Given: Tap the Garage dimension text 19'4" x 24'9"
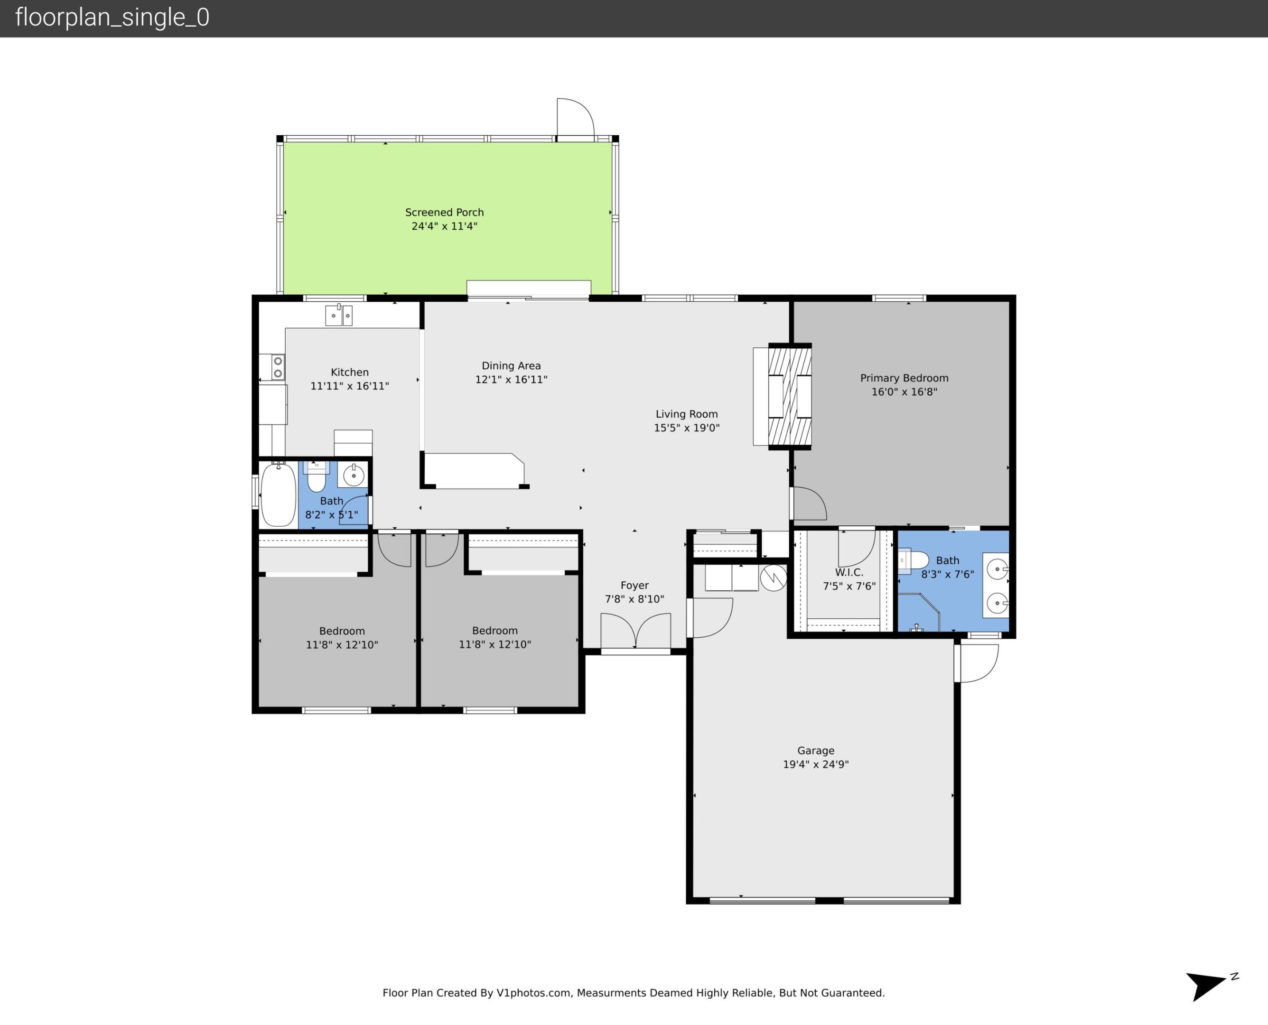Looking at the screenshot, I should pos(815,764).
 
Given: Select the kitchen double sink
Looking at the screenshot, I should pos(339,315).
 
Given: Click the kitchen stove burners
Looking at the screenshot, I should pos(278,367).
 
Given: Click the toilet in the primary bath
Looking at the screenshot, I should pos(913,560).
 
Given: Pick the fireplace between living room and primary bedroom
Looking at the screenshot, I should pos(789,396).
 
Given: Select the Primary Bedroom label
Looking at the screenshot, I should pos(904,378).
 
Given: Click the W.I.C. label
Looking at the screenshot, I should pos(849,572).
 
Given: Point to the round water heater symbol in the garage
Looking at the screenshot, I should pos(774,578).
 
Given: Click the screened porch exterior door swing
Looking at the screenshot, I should pos(575,118).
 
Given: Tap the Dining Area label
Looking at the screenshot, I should pos(511,365).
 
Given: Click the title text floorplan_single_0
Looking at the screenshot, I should pos(112,18).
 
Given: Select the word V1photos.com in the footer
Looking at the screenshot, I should pos(534,993).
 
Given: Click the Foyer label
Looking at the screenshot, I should pos(634,585).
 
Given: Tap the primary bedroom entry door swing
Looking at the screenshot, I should pos(809,503).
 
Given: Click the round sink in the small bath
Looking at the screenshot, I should pos(354,475).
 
